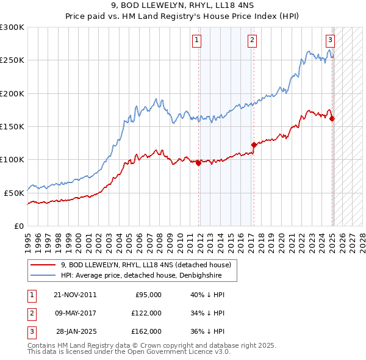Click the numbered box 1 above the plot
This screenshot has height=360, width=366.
198,41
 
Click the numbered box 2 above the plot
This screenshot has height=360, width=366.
252,41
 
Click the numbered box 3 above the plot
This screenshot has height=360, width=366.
330,41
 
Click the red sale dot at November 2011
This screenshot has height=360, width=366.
199,163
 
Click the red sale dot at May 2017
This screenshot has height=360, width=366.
254,145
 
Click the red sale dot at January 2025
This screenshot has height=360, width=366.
332,118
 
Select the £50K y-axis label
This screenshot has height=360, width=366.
14,193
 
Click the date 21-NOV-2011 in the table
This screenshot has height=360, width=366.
75,295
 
